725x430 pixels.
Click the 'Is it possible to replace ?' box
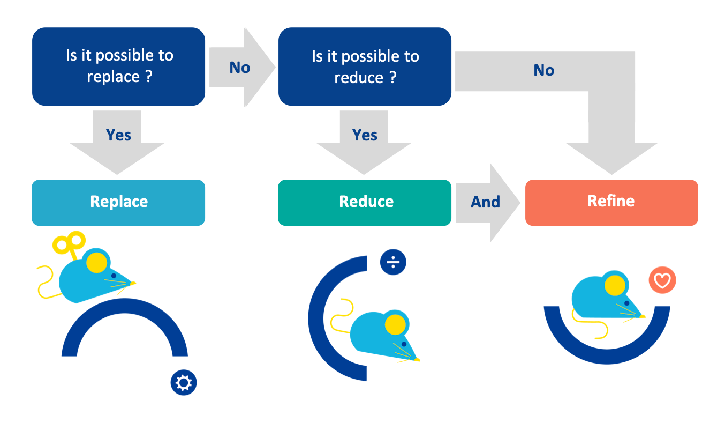pos(118,66)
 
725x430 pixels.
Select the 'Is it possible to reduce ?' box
pos(365,67)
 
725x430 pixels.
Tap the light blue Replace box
pos(118,202)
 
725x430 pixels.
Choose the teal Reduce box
pos(365,202)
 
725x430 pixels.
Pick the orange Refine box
pos(611,202)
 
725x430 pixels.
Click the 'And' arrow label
pos(485,202)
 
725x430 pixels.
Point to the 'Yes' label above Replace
pos(118,135)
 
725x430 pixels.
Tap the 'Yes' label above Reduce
pos(365,135)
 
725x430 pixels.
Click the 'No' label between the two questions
pos(239,68)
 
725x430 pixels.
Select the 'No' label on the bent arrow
pos(543,70)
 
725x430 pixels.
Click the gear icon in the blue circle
pos(184,383)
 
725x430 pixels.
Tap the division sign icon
pos(393,262)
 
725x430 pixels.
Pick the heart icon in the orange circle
pos(662,280)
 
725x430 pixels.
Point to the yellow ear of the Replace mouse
pos(96,262)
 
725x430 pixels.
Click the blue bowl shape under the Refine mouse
pos(607,354)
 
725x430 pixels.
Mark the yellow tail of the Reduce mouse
pos(342,316)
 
